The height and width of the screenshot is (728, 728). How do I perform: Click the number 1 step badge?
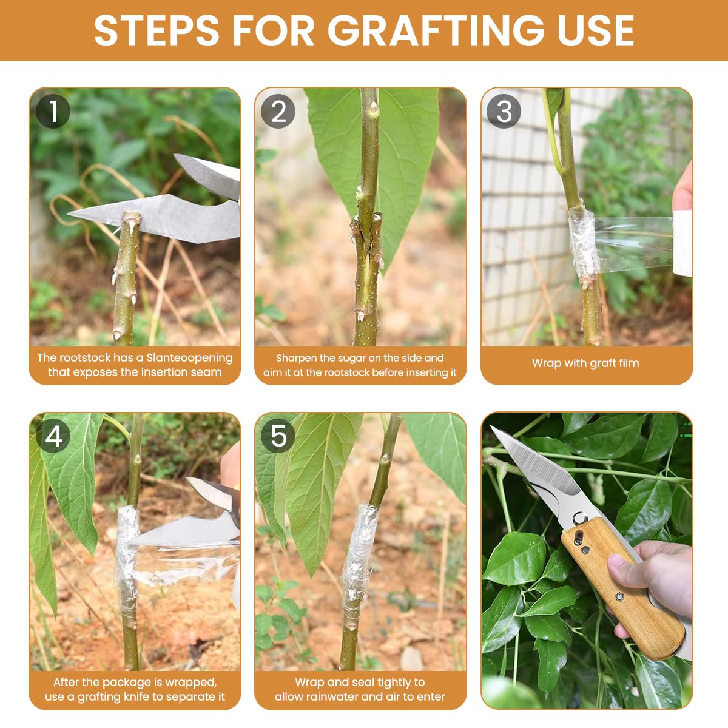tap(53, 112)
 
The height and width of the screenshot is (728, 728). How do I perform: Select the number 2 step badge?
tap(278, 112)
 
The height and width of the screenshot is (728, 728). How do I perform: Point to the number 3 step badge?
tap(504, 112)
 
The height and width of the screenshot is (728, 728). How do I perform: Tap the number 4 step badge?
tap(53, 436)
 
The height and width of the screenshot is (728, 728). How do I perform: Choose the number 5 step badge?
tap(278, 436)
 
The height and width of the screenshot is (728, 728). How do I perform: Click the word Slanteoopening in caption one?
tap(189, 358)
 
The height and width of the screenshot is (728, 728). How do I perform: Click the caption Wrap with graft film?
tap(585, 363)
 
